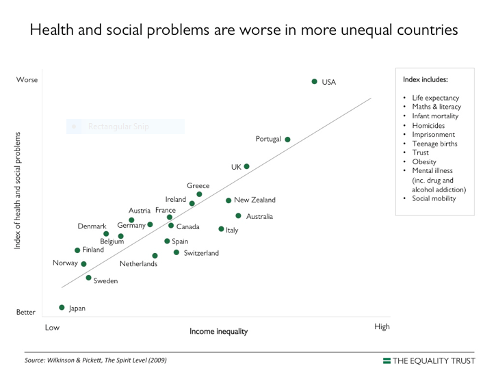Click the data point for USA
[315, 81]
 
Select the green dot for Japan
[62, 308]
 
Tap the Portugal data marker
[287, 140]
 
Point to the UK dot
[246, 166]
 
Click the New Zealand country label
[254, 200]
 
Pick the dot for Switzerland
[177, 252]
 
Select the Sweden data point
[89, 278]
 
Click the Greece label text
[198, 185]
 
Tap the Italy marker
[221, 229]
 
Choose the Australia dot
[238, 215]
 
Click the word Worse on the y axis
[27, 80]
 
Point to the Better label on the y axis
[26, 312]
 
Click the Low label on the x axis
[52, 327]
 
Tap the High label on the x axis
[382, 326]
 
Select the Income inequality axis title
[218, 331]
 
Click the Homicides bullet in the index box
[428, 126]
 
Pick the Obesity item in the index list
[424, 161]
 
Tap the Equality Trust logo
[432, 360]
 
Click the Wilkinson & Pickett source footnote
[95, 360]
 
